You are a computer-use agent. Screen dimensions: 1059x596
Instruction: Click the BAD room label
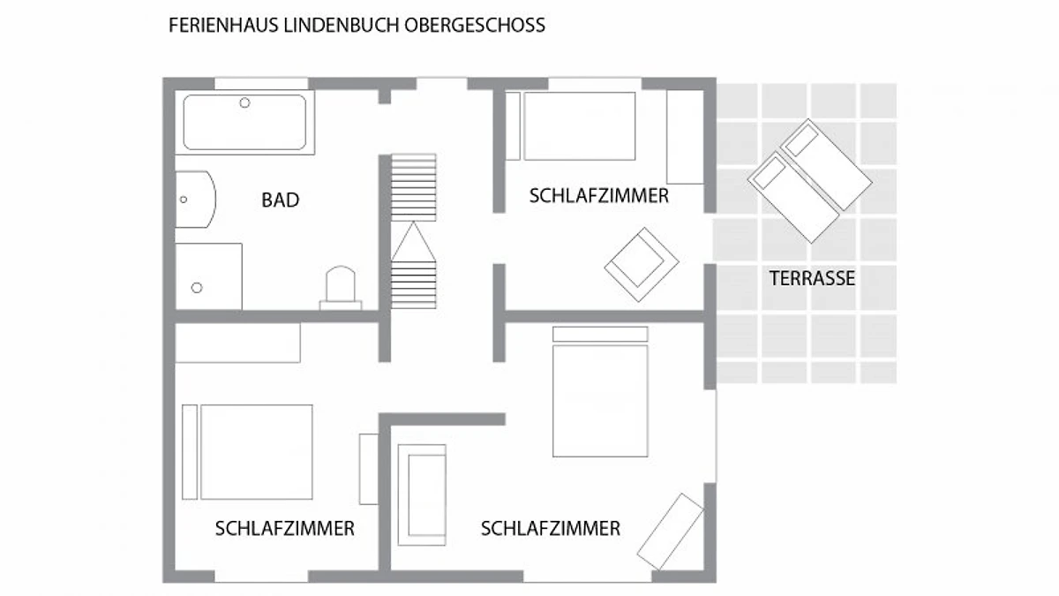[x=281, y=200]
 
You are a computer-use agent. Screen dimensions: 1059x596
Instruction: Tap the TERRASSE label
[x=812, y=278]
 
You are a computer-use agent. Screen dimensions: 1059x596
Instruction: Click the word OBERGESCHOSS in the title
[x=475, y=25]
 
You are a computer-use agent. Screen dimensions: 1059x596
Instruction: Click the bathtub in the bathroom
[x=244, y=122]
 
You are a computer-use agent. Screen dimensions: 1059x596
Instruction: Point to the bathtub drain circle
[x=244, y=102]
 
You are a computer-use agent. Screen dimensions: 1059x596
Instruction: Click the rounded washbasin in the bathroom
[x=196, y=200]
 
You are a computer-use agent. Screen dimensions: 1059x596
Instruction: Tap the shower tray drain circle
[x=197, y=288]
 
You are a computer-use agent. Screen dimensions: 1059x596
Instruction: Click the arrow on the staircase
[x=413, y=241]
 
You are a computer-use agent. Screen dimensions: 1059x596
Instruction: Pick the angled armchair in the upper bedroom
[x=642, y=264]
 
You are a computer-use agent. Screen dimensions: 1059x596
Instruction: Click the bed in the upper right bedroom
[x=571, y=126]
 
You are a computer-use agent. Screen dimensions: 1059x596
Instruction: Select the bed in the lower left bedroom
[x=247, y=452]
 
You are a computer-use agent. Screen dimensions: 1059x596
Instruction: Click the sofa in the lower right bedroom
[x=422, y=494]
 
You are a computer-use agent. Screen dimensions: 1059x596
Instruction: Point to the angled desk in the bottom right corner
[x=671, y=532]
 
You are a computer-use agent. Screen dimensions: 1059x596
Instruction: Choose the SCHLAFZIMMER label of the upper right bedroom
[x=599, y=196]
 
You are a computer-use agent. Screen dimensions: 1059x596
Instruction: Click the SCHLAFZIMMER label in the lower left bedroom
[x=284, y=528]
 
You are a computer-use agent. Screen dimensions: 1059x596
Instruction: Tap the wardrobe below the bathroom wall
[x=237, y=343]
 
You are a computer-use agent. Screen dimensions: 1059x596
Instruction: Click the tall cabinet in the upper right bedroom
[x=686, y=137]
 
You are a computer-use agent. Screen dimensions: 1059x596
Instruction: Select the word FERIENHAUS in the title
[x=223, y=25]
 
